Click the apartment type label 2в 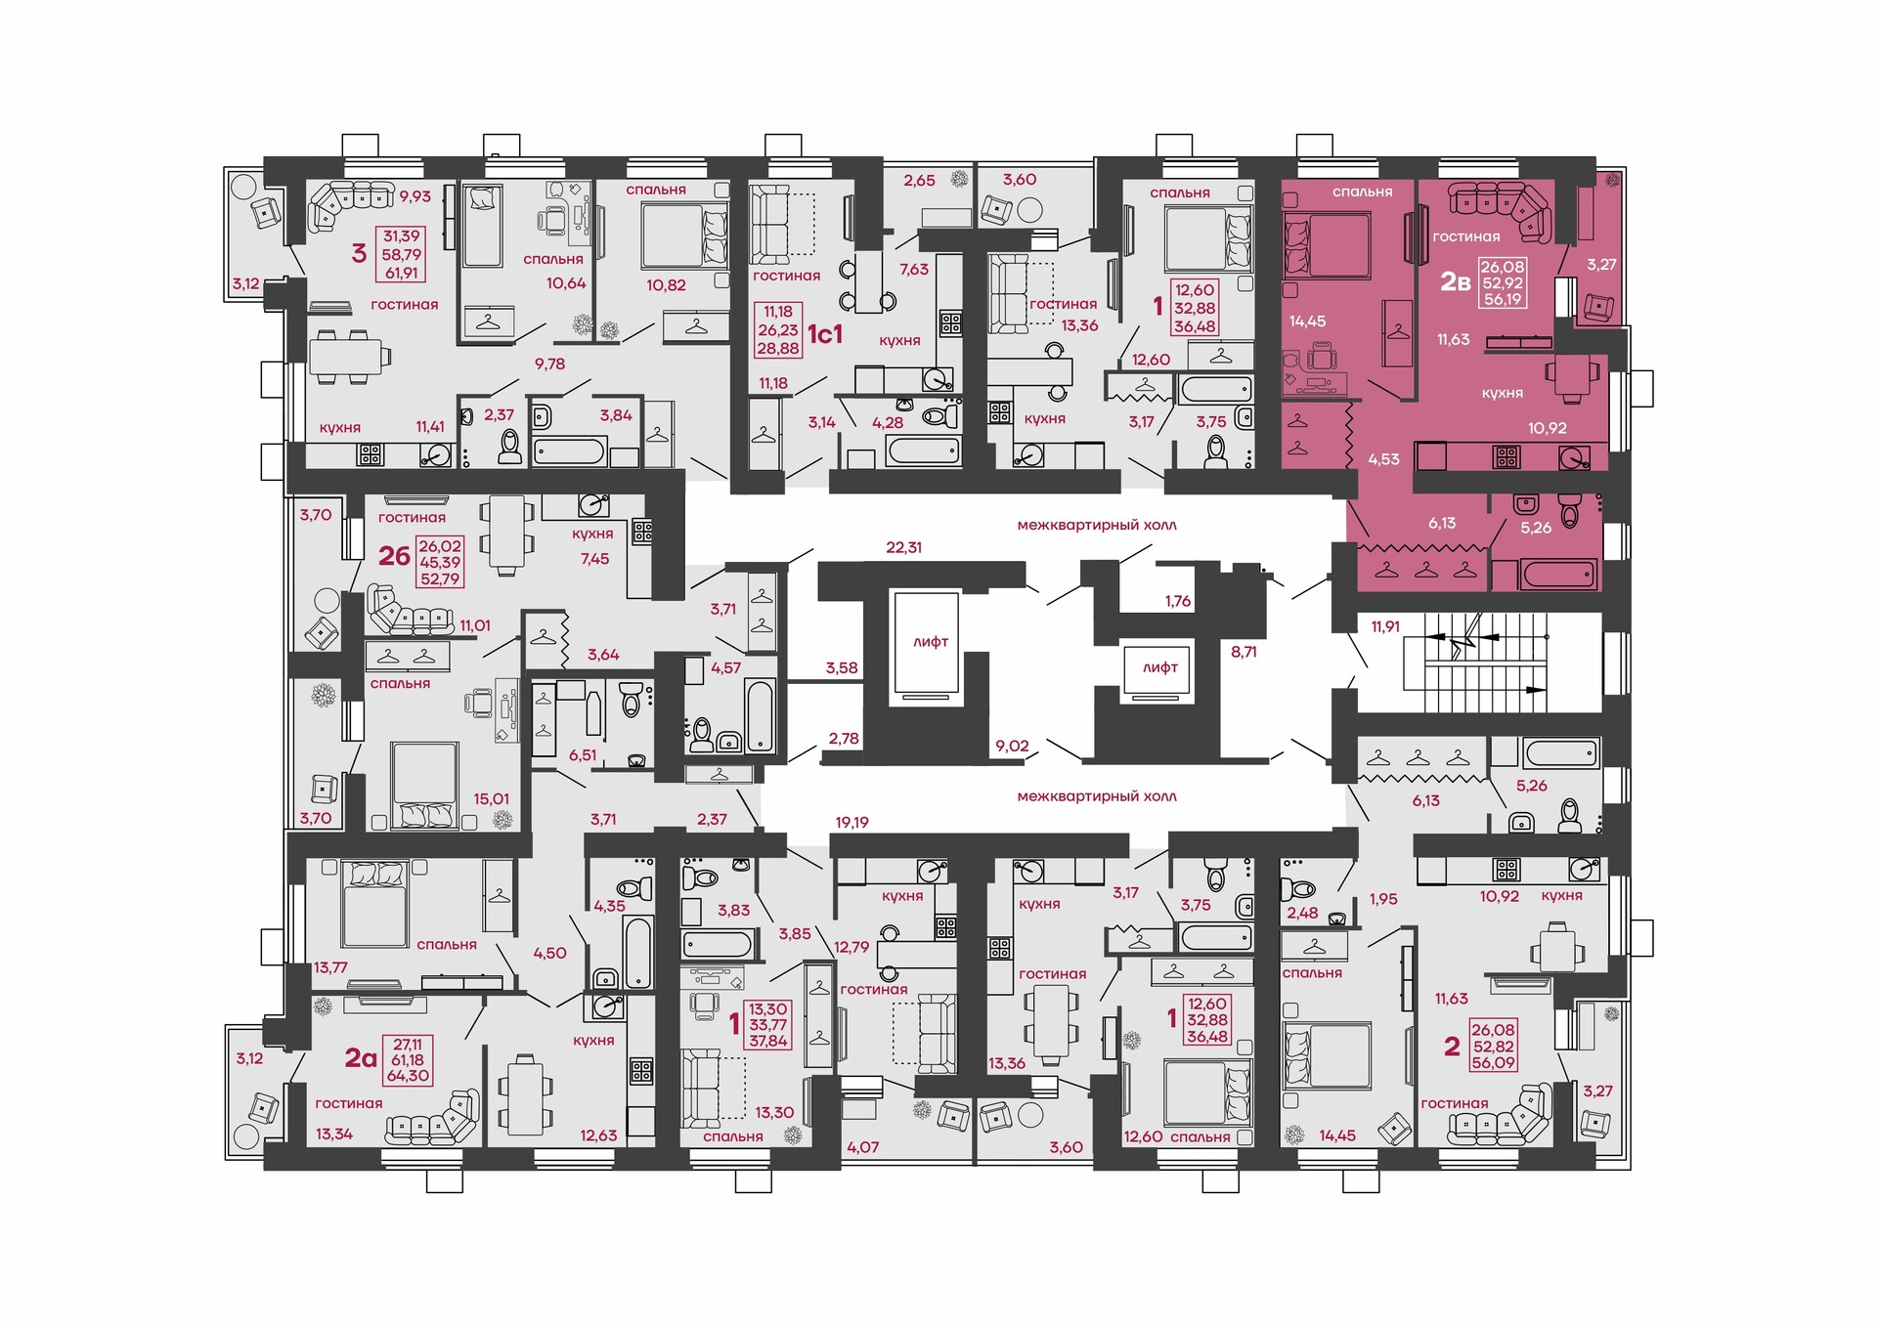coord(1455,282)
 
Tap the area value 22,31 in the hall coord(903,547)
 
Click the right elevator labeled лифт coord(1159,670)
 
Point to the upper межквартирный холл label coord(1097,525)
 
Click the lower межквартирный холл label coord(1097,796)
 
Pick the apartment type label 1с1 coord(824,334)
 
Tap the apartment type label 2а coord(361,1057)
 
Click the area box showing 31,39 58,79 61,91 coord(401,254)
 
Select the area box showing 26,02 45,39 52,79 coord(440,562)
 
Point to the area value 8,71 coord(1244,651)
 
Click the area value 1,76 coord(1178,601)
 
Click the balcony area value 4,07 coord(863,1147)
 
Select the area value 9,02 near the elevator coord(1012,746)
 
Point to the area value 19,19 coord(851,823)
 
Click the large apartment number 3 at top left coord(359,254)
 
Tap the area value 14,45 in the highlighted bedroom coord(1307,321)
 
